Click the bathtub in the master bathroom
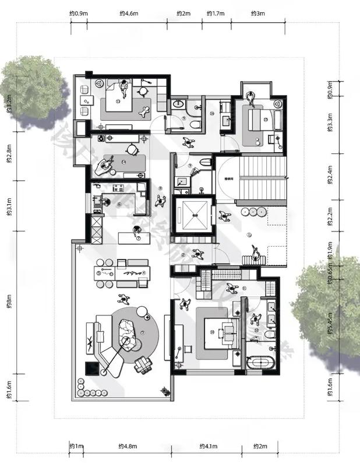[261, 363]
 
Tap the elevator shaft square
[194, 217]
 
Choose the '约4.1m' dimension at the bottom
[208, 447]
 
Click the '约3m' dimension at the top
[257, 12]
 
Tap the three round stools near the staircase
[255, 211]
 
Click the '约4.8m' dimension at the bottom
[128, 447]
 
